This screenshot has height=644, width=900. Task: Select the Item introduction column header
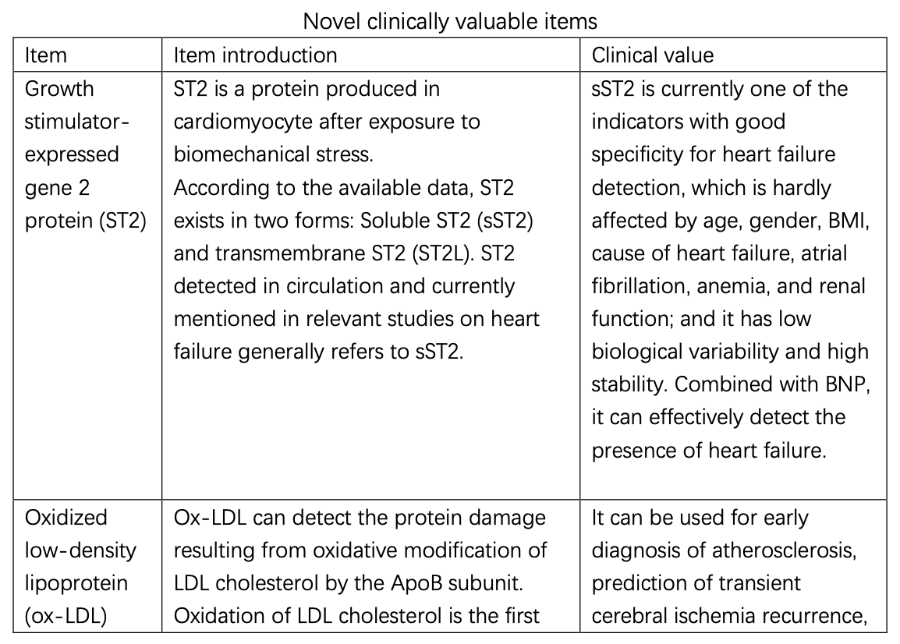click(x=255, y=55)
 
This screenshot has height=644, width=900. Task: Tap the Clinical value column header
click(x=652, y=55)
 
